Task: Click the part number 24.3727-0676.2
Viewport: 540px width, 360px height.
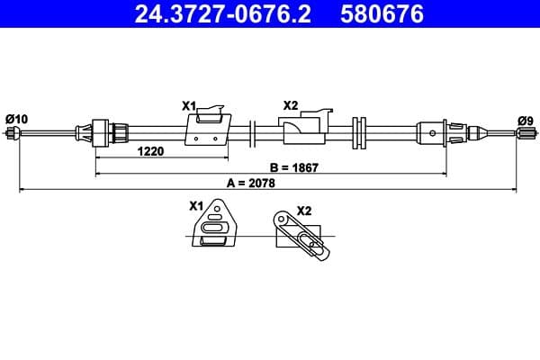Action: tap(214, 14)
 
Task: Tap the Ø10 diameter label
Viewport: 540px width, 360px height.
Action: tap(16, 118)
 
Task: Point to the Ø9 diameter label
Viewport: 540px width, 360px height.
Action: tap(525, 119)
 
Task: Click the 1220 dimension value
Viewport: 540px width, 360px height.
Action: tap(150, 151)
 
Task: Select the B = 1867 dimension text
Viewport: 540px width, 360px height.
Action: tap(294, 166)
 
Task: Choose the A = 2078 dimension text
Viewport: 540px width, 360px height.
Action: tap(251, 183)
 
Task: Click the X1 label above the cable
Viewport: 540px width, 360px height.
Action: tap(189, 105)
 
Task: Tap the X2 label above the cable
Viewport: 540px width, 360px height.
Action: tap(290, 105)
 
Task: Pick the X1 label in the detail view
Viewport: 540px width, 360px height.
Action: tap(196, 206)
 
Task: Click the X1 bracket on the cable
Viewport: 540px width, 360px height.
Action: tap(209, 129)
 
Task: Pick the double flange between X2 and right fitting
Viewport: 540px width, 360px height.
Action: tap(360, 133)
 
